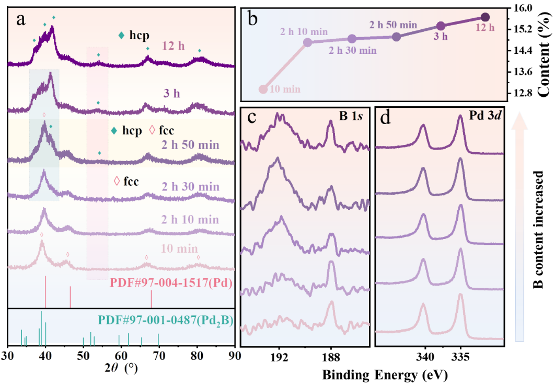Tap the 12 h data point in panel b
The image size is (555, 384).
pyautogui.click(x=484, y=17)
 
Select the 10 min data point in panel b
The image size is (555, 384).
pyautogui.click(x=263, y=89)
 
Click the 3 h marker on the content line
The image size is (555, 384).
pyautogui.click(x=441, y=26)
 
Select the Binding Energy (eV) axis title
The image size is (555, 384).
pyautogui.click(x=385, y=375)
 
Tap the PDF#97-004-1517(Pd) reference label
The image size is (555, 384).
pyautogui.click(x=171, y=284)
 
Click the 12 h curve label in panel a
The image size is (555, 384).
pyautogui.click(x=174, y=46)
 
